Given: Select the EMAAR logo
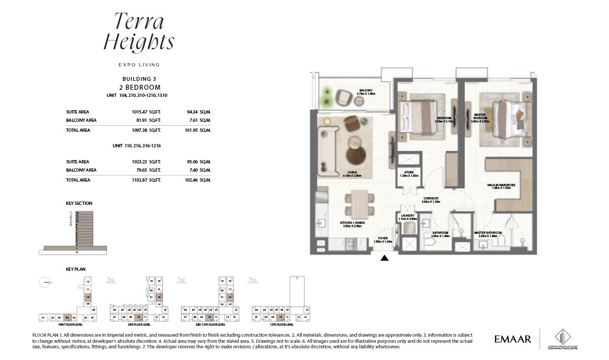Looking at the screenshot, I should (x=512, y=339).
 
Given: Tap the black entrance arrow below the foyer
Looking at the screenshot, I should (x=385, y=258).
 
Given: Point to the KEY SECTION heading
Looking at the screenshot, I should (x=79, y=204).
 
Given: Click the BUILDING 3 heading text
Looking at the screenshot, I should (x=140, y=79).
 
